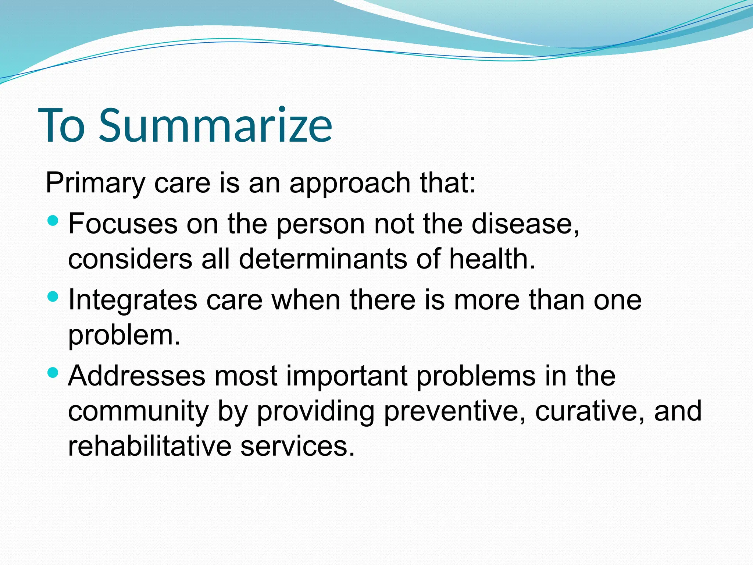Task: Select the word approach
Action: click(350, 183)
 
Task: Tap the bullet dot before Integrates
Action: click(53, 296)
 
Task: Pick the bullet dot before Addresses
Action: click(53, 373)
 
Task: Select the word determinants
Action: click(323, 259)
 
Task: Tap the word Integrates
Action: click(133, 300)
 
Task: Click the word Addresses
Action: click(136, 376)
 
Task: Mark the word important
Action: click(347, 376)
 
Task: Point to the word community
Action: click(138, 411)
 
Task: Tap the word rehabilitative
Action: click(149, 446)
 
